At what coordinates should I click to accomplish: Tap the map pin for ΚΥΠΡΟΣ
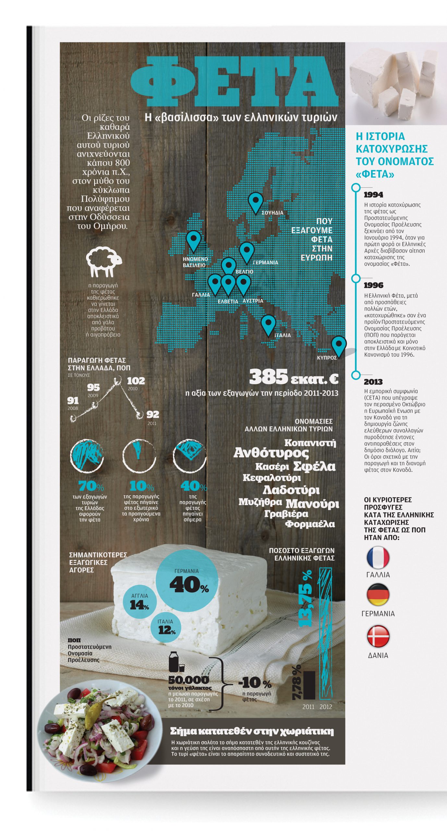pyautogui.click(x=339, y=345)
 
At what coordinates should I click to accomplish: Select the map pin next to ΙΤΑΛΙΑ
pyautogui.click(x=268, y=325)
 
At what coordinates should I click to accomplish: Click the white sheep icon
pyautogui.click(x=104, y=261)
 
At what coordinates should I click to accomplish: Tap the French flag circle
pyautogui.click(x=378, y=557)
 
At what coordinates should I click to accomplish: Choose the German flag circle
pyautogui.click(x=378, y=594)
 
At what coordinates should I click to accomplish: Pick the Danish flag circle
pyautogui.click(x=378, y=636)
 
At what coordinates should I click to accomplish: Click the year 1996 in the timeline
pyautogui.click(x=373, y=285)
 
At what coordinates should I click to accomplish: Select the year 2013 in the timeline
pyautogui.click(x=373, y=382)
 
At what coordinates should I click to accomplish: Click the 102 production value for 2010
pyautogui.click(x=136, y=381)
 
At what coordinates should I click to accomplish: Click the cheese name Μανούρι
pyautogui.click(x=312, y=504)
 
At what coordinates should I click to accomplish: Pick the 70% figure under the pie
pyautogui.click(x=91, y=486)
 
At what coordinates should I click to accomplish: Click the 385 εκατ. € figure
pyautogui.click(x=294, y=378)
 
